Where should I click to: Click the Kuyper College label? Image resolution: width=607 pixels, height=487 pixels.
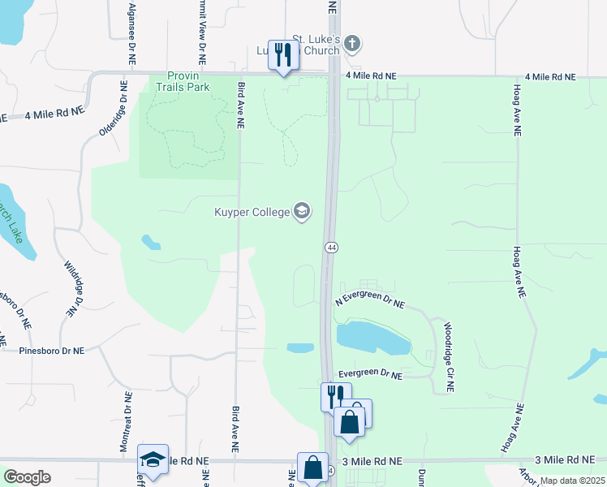coord(252,213)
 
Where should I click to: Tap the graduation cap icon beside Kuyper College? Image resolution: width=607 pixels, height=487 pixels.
coord(302,213)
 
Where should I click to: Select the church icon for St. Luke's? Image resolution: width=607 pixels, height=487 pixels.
coord(351,42)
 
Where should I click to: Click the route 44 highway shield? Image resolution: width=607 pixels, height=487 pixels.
coord(331,247)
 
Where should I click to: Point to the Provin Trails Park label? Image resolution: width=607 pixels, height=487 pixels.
coord(177,81)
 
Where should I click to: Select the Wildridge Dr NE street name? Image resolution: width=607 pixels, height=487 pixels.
coord(74,288)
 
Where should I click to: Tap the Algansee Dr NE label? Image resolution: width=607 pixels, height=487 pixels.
coord(131,33)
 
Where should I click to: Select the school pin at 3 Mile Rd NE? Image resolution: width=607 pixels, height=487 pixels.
coord(153,459)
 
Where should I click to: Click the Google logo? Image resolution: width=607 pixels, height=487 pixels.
coord(28,477)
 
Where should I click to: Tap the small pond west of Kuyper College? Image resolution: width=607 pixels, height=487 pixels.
coord(150,242)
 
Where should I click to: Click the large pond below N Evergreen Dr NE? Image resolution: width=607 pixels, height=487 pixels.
coord(372,337)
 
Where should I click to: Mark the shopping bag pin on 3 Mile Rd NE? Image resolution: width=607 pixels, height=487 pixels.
coord(313,468)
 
